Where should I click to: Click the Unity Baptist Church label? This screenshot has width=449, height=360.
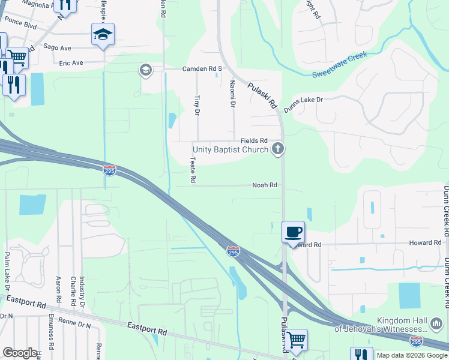tap(230, 149)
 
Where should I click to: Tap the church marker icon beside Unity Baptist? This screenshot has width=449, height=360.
tap(277, 148)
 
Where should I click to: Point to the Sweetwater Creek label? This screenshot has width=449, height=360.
tap(339, 65)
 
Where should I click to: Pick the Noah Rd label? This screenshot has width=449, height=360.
tap(264, 185)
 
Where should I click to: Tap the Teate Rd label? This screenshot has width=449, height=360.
tap(193, 170)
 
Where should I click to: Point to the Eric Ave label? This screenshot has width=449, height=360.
tap(70, 62)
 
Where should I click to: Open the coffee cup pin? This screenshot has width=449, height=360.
tap(293, 232)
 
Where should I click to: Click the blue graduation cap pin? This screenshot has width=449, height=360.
tap(103, 34)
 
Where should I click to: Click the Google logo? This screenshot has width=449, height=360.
tap(20, 353)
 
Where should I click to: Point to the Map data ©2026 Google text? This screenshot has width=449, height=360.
tap(411, 355)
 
